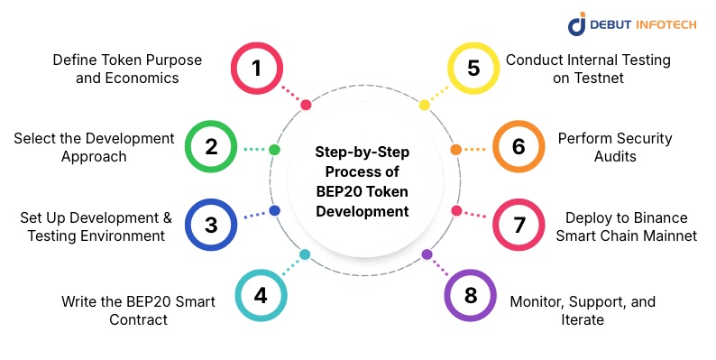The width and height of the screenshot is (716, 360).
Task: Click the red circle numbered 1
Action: click(x=257, y=69)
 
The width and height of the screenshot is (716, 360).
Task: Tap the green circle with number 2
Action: click(x=211, y=146)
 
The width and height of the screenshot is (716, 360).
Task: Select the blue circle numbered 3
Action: click(x=211, y=224)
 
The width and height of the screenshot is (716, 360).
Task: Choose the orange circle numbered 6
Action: click(x=519, y=146)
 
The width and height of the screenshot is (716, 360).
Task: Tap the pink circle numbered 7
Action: click(x=519, y=224)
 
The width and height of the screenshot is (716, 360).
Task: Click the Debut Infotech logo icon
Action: click(x=577, y=24)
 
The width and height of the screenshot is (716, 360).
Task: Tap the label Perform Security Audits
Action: click(x=602, y=147)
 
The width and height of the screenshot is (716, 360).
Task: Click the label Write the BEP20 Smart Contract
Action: click(x=138, y=309)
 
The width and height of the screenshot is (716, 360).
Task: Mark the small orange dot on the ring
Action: click(x=455, y=150)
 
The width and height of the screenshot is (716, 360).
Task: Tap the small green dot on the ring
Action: click(x=274, y=150)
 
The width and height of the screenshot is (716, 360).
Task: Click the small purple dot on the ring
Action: click(x=427, y=254)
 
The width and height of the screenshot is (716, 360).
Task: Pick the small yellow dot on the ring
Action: click(x=425, y=105)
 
